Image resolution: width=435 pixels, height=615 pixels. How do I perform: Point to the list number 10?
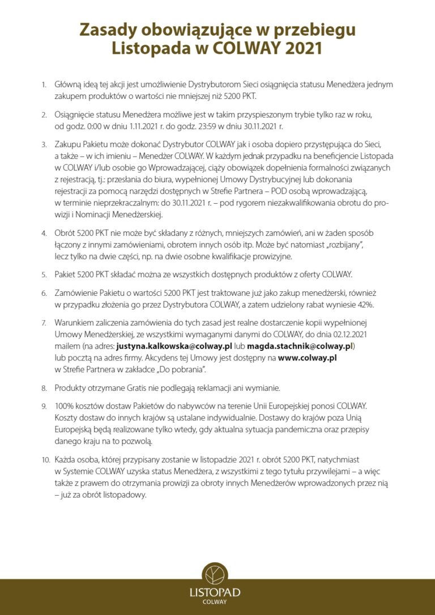point(45,460)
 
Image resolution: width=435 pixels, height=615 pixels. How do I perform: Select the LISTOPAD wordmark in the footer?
point(215,592)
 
